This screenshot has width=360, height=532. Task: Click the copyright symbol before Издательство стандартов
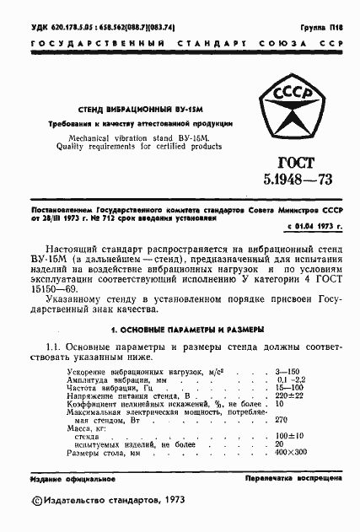pyautogui.click(x=35, y=501)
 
